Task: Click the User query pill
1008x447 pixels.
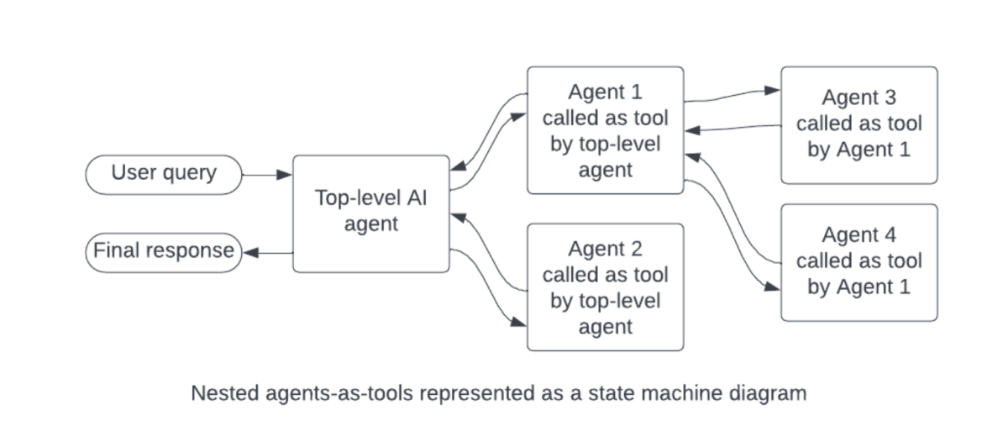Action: (x=164, y=175)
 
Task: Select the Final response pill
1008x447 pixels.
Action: (x=164, y=251)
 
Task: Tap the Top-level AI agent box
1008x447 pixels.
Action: (x=370, y=213)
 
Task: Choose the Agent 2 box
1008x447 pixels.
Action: (x=605, y=287)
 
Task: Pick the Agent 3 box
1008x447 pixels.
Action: (x=858, y=124)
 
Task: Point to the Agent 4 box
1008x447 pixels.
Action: (x=858, y=261)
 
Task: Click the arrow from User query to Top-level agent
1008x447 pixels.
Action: (x=267, y=175)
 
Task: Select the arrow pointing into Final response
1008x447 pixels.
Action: (x=267, y=251)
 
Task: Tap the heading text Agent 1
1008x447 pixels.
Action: (x=605, y=92)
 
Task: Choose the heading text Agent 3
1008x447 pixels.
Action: (x=858, y=97)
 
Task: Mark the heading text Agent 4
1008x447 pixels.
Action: (x=858, y=234)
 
